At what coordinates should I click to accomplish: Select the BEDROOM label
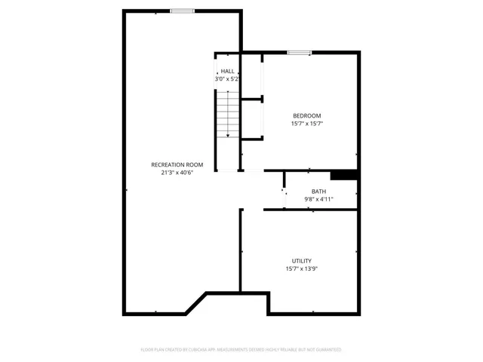pos(307,115)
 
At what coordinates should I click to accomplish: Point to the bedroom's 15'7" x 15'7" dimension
pos(307,124)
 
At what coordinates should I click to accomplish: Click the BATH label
pos(318,192)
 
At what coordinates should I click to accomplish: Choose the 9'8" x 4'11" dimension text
pos(318,199)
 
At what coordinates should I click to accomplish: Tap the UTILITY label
pos(302,261)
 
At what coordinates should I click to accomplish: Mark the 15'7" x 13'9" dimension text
pos(302,268)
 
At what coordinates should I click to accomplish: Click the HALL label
pos(227,71)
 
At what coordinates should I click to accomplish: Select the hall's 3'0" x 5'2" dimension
pos(227,78)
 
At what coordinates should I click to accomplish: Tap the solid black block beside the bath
pos(343,175)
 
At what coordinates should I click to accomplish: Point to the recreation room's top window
pos(182,11)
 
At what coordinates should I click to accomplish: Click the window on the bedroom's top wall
pos(299,53)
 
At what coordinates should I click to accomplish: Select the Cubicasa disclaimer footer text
pos(241,350)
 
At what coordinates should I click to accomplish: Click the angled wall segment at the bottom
pos(197,302)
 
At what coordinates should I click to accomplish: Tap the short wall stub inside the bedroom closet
pos(251,98)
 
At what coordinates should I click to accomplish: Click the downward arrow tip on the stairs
pos(228,136)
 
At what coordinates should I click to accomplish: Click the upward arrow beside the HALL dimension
pos(217,72)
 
